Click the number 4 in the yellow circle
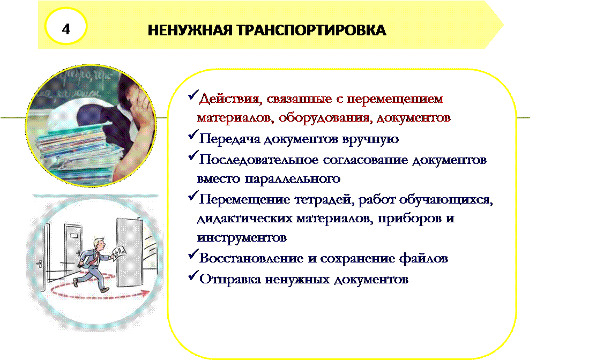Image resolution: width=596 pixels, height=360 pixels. (x=66, y=29)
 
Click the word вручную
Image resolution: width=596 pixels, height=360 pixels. (x=370, y=139)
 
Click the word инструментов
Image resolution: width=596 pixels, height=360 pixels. (x=242, y=238)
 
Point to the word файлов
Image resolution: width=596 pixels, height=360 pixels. (x=423, y=258)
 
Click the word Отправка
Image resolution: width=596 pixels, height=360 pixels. (x=229, y=280)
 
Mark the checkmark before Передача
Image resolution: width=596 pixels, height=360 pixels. (x=193, y=134)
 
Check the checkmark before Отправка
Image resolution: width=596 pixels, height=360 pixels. (x=193, y=275)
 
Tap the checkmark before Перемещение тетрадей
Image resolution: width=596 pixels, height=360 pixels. (x=193, y=196)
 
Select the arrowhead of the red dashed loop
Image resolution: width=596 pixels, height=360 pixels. (x=145, y=293)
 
